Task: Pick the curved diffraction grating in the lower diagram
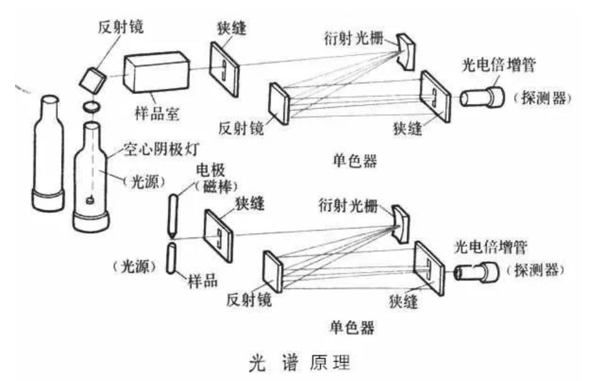pos(401,222)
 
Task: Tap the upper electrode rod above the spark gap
pos(174,213)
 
